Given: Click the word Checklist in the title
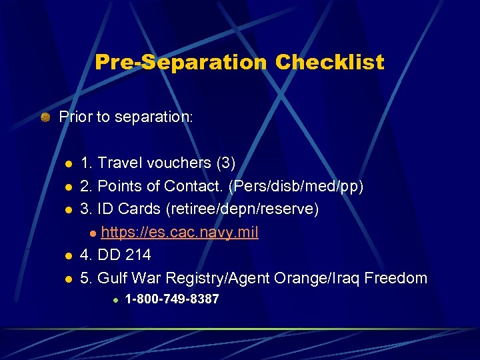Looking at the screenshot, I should pos(329,63).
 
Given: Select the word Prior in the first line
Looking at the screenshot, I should pos(73,117).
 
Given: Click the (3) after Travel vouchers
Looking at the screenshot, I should pos(225,163).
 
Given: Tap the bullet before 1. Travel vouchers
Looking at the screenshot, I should pos(67,164).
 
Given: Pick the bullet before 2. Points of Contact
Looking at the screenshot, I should pos(67,187).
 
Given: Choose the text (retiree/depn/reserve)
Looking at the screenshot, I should pos(246,209).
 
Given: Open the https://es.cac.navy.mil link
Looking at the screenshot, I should pos(180,232).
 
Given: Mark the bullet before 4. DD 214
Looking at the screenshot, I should pos(67,256).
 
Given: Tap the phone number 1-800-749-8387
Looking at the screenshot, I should pos(172,299).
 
